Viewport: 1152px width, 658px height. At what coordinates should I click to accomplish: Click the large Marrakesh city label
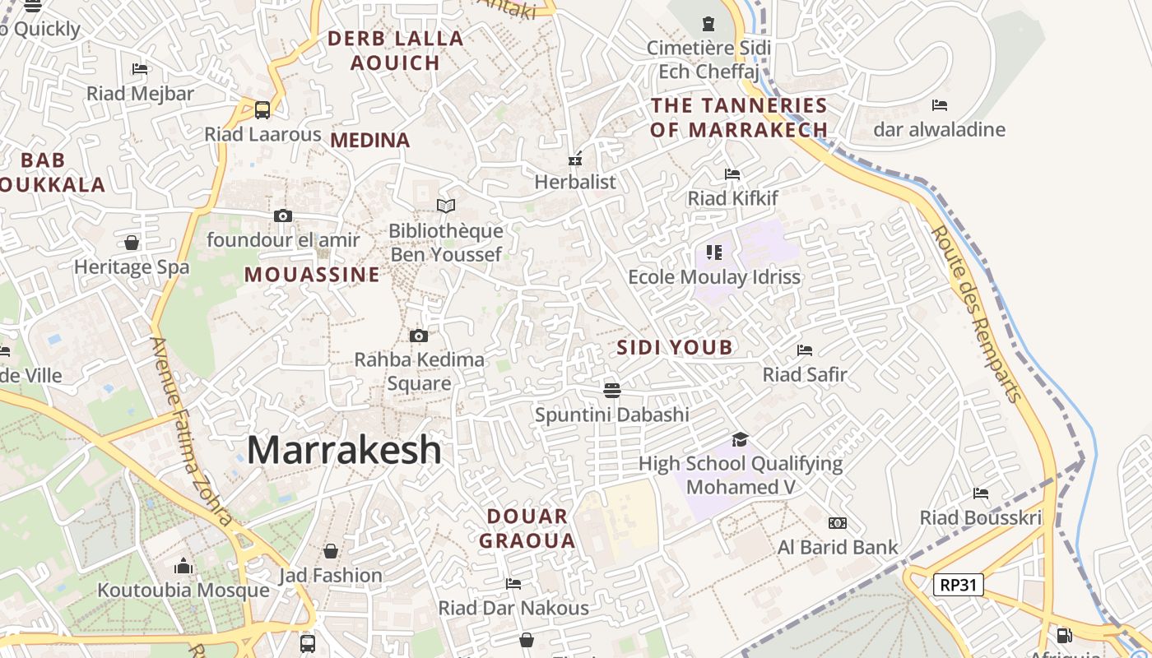344,450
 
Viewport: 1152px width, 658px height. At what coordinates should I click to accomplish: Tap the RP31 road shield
959,585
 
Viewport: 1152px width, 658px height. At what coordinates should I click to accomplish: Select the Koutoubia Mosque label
183,591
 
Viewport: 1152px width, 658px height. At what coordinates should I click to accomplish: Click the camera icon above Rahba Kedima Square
419,336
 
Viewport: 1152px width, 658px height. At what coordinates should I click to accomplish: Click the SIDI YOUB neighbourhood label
675,347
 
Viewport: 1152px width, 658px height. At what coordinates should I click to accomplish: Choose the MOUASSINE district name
312,275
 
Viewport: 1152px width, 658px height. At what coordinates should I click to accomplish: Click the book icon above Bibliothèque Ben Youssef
446,206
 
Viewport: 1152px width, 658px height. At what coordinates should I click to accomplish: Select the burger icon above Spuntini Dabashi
611,389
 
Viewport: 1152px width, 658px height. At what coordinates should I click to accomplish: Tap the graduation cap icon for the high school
740,439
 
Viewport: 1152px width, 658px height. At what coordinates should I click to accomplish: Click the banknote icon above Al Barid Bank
838,523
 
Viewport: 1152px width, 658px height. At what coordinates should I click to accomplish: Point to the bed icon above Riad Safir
805,350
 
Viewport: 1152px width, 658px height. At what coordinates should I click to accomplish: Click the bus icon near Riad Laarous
262,109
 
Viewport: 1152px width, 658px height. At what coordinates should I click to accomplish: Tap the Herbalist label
575,182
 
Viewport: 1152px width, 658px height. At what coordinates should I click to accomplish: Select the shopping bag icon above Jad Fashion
331,550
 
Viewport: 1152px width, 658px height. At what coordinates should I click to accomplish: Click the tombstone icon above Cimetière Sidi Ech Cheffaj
708,24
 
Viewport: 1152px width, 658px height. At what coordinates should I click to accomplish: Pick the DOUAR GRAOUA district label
527,529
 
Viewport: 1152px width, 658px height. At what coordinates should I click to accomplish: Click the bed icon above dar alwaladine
940,105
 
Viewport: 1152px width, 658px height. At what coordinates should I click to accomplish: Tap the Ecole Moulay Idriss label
714,277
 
